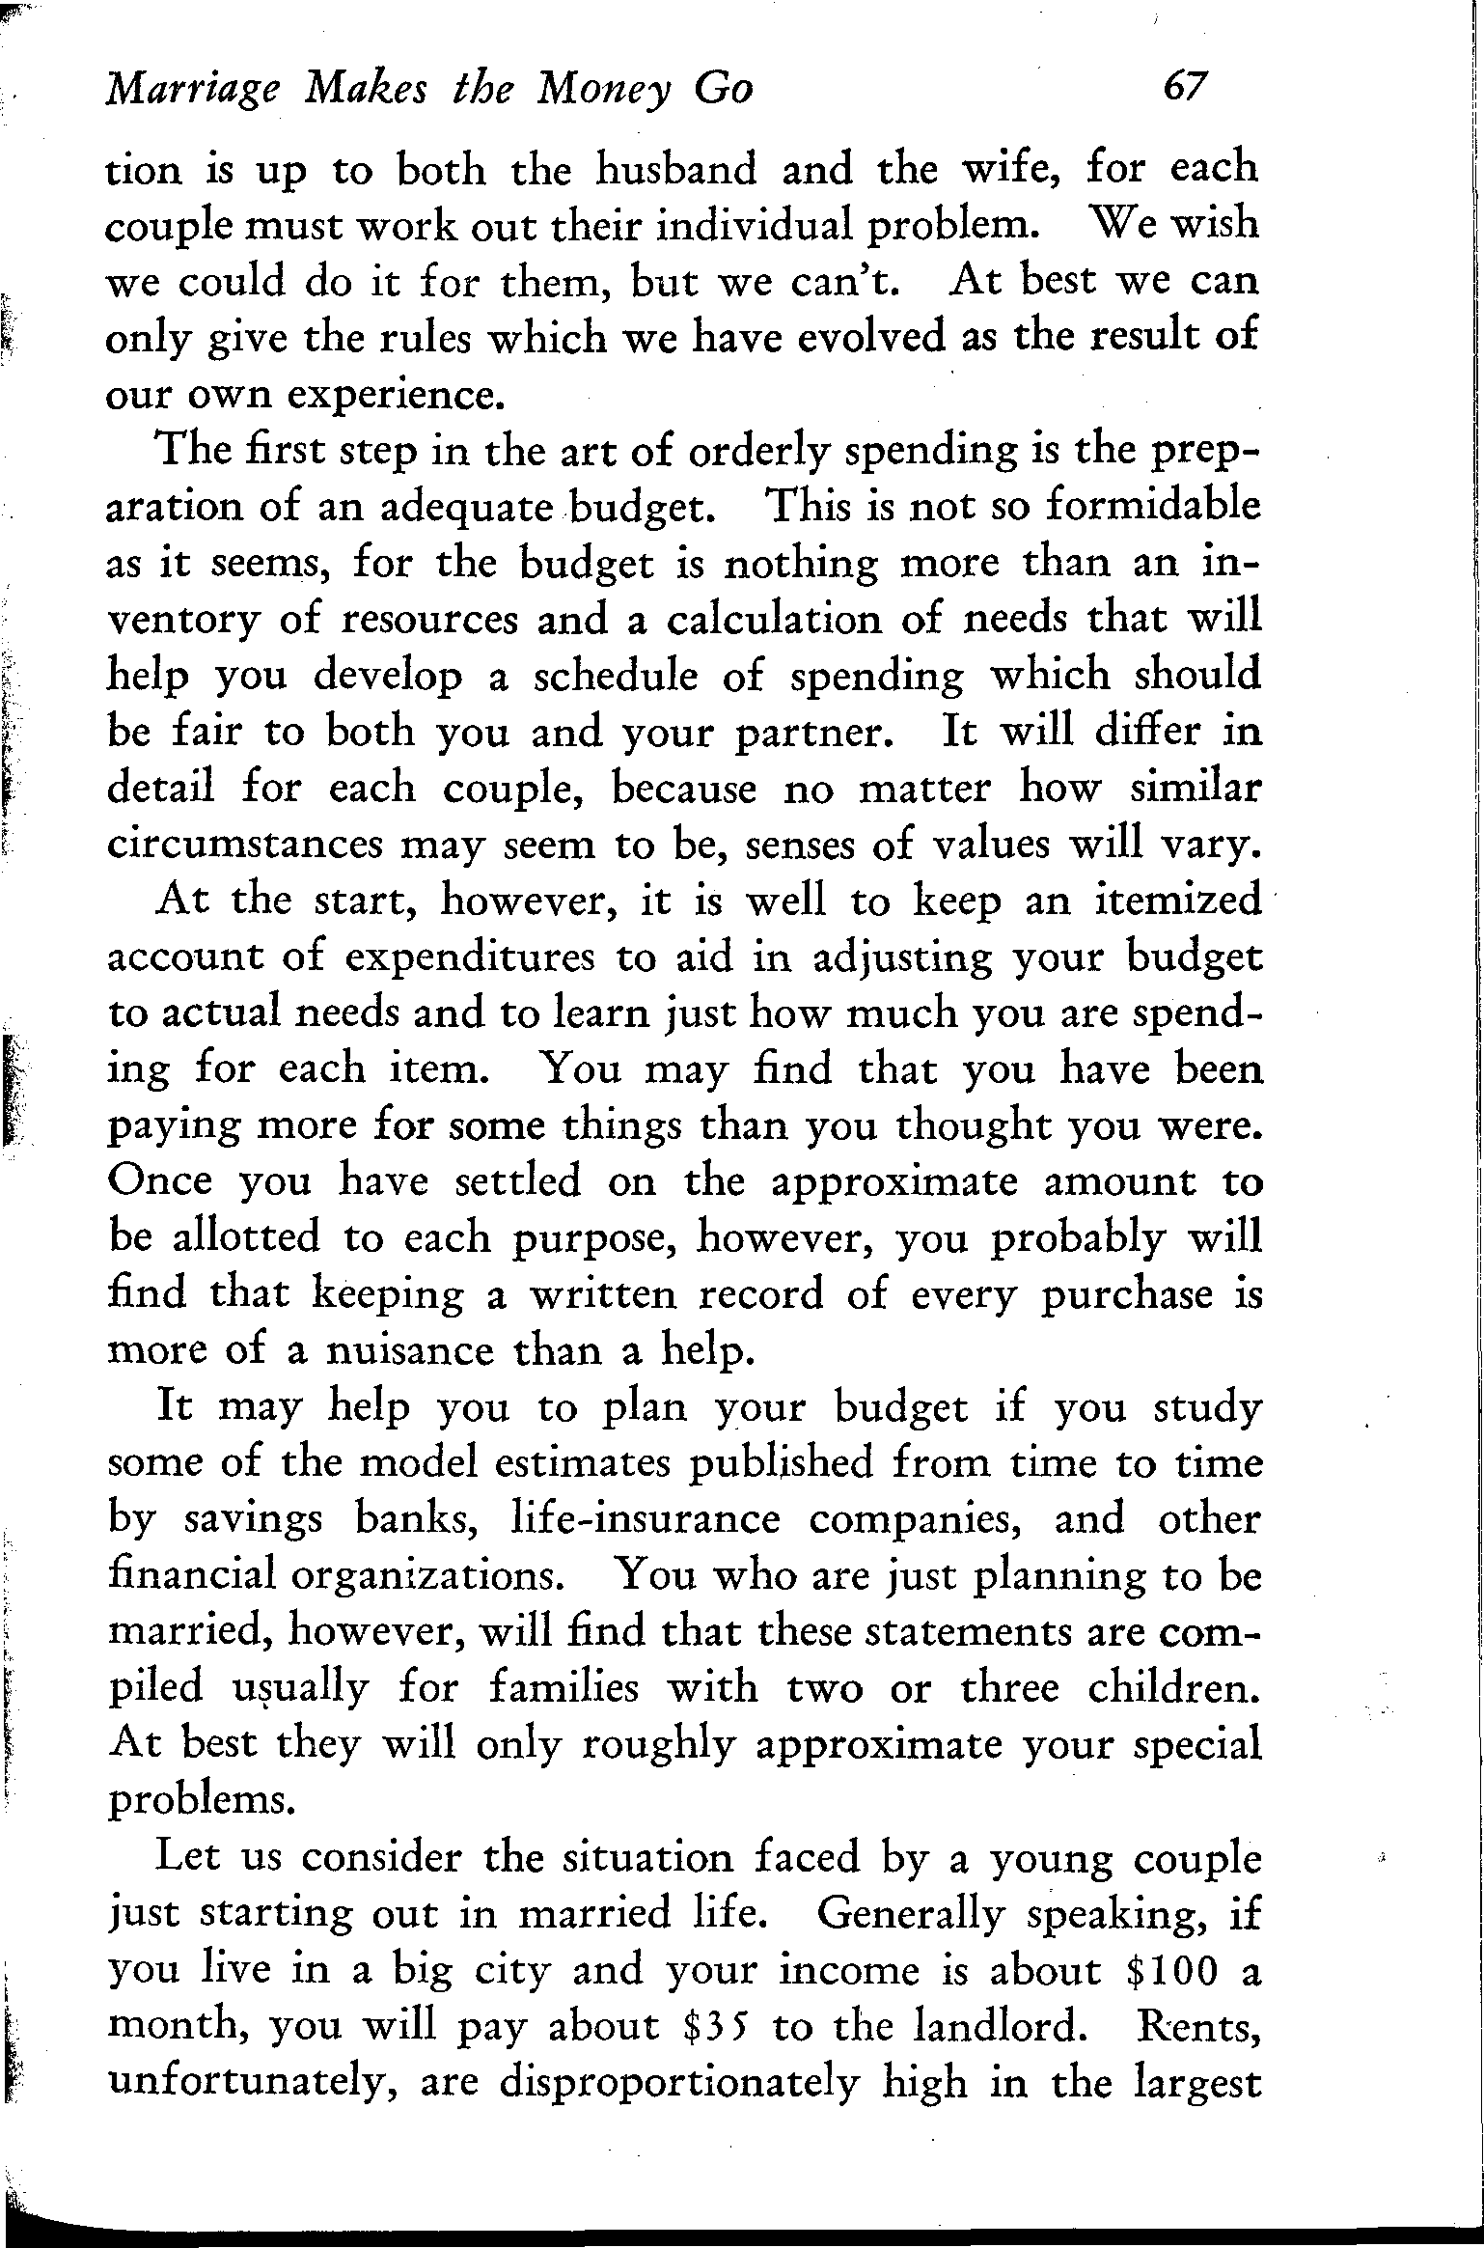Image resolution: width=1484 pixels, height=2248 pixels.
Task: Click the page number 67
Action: pyautogui.click(x=1186, y=89)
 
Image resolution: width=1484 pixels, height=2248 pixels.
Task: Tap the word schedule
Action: pyautogui.click(x=615, y=676)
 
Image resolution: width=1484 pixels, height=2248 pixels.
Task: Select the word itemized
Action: pyautogui.click(x=1179, y=901)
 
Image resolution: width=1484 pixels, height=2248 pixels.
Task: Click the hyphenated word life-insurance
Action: pyautogui.click(x=644, y=1519)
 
